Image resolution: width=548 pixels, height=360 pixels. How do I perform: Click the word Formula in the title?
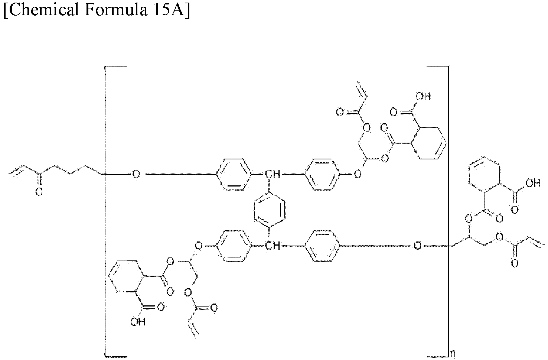(116, 10)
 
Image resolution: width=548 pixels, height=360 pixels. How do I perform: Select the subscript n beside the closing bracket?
(453, 353)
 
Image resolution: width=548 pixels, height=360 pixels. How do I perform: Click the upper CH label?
(273, 174)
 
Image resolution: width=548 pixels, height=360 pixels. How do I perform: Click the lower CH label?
(273, 246)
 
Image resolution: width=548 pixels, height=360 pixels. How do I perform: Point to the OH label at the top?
(423, 97)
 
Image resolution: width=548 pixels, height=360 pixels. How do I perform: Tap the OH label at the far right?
(533, 183)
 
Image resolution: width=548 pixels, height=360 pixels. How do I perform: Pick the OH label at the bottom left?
(138, 322)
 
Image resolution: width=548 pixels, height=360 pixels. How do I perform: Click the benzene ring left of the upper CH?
(234, 174)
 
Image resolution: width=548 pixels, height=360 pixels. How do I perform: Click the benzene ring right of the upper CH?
(323, 174)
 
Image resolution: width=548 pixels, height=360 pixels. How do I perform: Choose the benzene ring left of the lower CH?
(234, 246)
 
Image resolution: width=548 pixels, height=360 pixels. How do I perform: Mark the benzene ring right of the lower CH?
(323, 246)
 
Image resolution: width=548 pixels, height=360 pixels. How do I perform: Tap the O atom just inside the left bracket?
(136, 174)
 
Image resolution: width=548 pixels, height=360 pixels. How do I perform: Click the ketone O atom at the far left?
(39, 192)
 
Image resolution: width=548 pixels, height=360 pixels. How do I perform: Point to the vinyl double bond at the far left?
(17, 170)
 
